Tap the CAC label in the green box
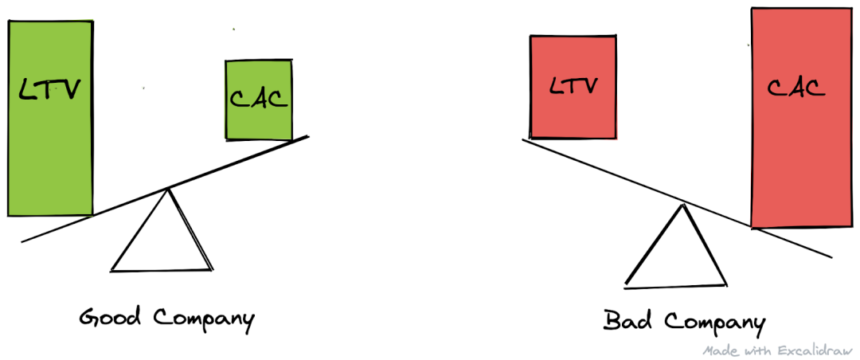click(258, 99)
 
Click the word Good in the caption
click(109, 319)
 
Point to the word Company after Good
click(202, 320)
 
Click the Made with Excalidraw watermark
click(777, 350)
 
